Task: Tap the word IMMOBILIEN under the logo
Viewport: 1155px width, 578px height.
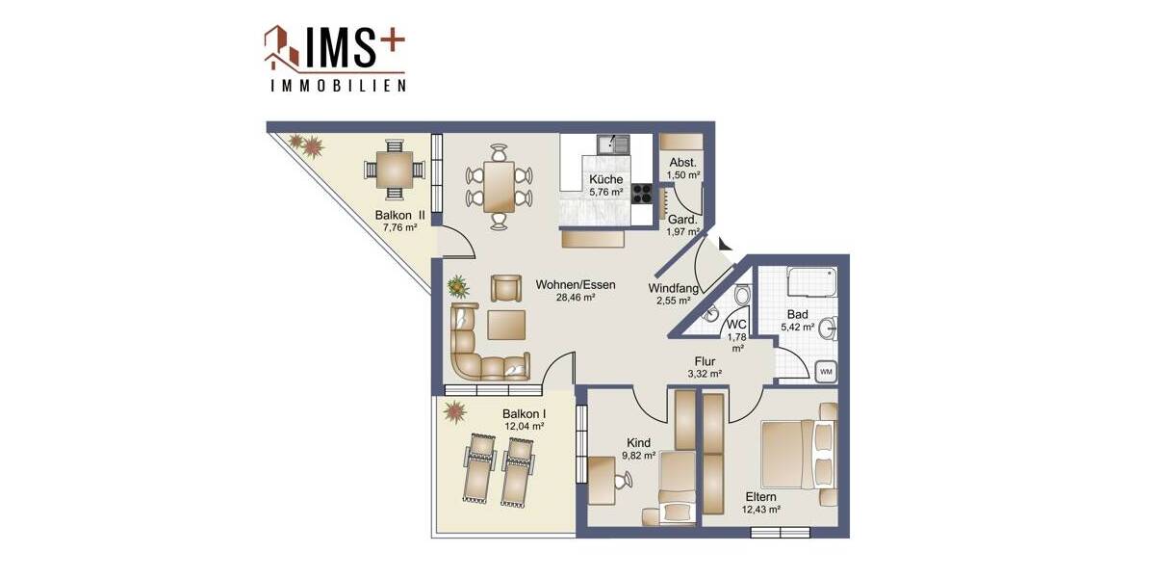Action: pos(336,85)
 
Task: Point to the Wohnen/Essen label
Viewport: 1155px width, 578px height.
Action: pos(576,285)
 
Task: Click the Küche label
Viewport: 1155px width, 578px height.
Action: pos(606,179)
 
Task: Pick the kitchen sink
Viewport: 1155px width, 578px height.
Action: pos(612,145)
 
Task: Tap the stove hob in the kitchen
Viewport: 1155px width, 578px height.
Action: pos(643,202)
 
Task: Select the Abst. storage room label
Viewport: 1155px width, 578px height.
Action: pos(683,163)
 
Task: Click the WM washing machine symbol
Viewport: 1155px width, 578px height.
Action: pos(825,370)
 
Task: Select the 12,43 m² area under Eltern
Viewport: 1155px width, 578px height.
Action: pos(760,510)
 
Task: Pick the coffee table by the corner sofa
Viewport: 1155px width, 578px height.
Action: pos(505,326)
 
